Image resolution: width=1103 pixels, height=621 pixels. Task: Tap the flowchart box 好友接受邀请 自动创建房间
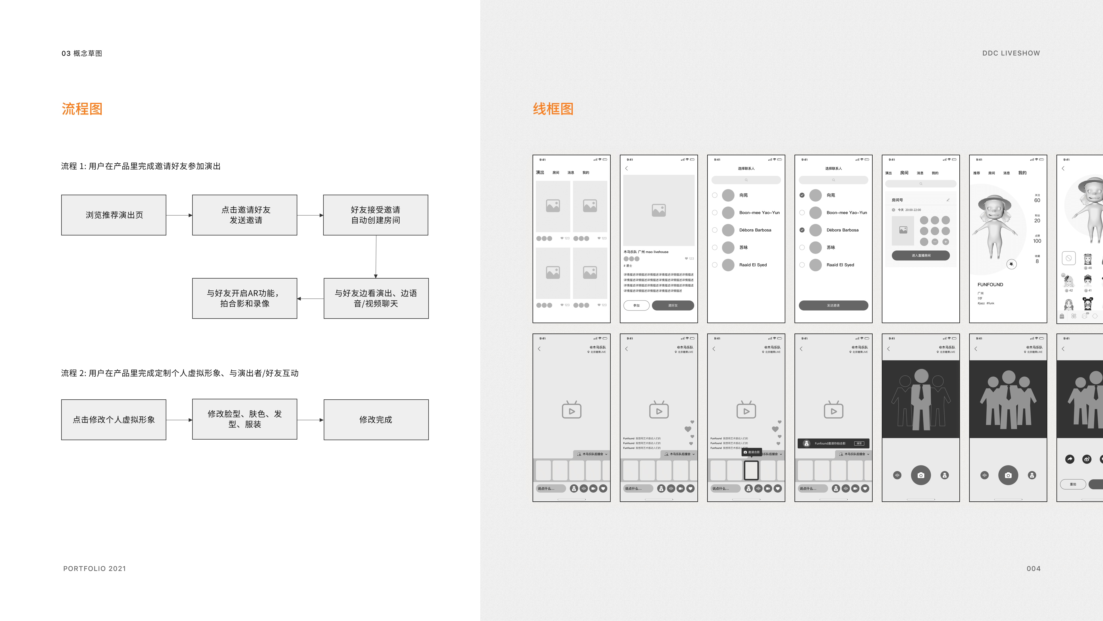click(375, 215)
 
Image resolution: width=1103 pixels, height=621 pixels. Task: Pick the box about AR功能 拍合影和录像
click(244, 298)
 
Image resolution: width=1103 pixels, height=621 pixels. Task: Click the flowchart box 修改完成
click(376, 419)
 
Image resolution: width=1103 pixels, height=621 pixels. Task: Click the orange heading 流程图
click(82, 109)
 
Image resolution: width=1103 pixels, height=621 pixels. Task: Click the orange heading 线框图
click(553, 109)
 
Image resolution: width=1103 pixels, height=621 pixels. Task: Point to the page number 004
click(1033, 569)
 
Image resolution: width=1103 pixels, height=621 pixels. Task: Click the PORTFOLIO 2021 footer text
click(95, 569)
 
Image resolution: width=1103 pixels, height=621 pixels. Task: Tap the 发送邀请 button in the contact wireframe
click(833, 305)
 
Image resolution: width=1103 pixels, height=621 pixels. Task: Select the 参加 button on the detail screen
click(636, 305)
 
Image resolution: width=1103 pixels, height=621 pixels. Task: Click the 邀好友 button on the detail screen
click(673, 305)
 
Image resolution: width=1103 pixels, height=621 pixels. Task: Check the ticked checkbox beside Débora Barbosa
click(802, 230)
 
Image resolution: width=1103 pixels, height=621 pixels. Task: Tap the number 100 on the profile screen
click(1037, 241)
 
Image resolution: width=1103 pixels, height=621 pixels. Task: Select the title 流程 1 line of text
click(140, 166)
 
